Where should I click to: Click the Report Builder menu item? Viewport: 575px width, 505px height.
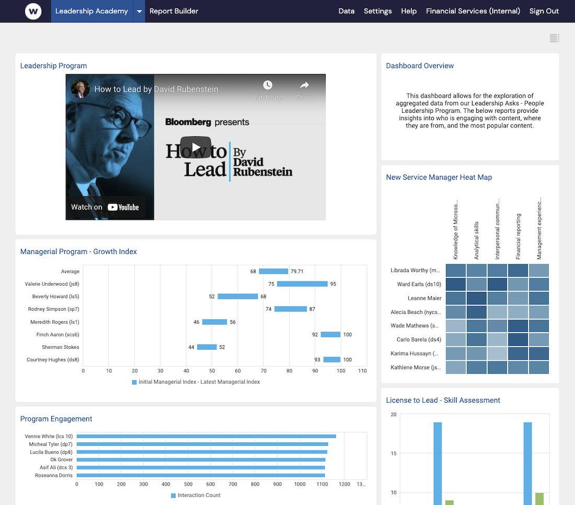[x=174, y=11]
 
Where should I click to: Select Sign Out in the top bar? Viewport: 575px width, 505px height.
[x=544, y=11]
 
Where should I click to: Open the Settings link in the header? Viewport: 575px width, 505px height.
[x=377, y=11]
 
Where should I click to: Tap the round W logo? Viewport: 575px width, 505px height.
[x=33, y=11]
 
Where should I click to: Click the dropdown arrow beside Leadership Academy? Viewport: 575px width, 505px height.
[x=139, y=11]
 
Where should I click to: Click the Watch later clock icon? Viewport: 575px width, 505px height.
[x=268, y=86]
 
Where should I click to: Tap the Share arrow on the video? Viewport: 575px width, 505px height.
[x=304, y=86]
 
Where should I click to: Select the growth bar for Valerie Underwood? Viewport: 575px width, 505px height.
[x=302, y=284]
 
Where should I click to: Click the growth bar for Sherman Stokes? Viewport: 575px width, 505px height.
[x=206, y=347]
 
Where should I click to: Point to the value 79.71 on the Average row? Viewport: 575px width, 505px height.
[x=297, y=272]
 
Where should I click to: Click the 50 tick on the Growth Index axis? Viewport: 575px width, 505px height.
[x=212, y=371]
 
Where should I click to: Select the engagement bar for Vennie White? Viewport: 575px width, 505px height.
[x=206, y=436]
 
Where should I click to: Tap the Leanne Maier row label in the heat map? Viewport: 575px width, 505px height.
[x=424, y=298]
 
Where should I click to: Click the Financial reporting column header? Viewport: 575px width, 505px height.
[x=518, y=236]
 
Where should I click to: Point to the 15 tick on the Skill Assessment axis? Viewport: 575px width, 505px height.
[x=394, y=453]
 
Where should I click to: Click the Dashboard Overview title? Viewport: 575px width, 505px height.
[x=420, y=66]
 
